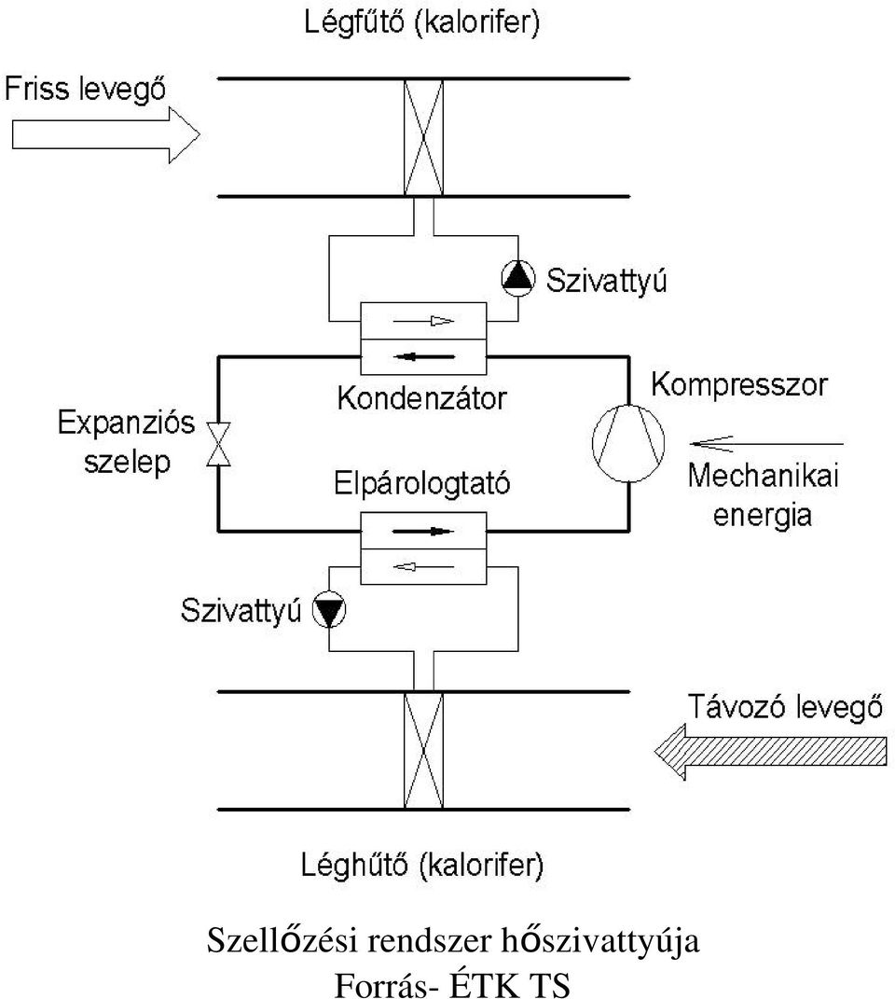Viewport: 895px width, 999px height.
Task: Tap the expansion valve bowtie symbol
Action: [x=218, y=443]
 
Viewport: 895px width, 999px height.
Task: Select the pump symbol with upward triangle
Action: [x=518, y=278]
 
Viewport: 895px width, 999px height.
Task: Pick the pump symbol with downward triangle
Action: [x=329, y=610]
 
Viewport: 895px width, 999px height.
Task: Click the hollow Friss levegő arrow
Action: [x=105, y=135]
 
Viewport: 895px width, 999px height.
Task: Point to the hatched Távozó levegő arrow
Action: [x=771, y=752]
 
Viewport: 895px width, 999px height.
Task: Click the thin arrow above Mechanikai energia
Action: [x=767, y=443]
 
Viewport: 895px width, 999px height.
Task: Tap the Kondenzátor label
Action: [x=421, y=399]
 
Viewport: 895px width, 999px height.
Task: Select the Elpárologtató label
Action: [x=421, y=483]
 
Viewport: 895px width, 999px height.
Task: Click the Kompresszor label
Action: [x=739, y=385]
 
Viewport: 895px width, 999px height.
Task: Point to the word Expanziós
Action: [x=126, y=423]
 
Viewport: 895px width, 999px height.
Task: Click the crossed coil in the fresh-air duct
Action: [x=423, y=138]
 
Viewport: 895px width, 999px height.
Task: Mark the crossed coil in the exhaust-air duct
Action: [x=423, y=751]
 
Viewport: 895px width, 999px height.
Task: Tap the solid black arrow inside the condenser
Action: [x=423, y=356]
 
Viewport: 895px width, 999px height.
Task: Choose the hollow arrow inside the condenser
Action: [x=423, y=321]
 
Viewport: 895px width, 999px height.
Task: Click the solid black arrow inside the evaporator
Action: [x=423, y=532]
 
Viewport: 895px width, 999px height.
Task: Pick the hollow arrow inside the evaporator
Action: [x=423, y=566]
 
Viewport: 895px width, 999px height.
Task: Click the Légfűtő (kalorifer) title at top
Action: [x=421, y=23]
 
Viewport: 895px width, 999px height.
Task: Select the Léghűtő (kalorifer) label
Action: [x=421, y=866]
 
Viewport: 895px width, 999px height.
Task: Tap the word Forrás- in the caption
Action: [x=386, y=984]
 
